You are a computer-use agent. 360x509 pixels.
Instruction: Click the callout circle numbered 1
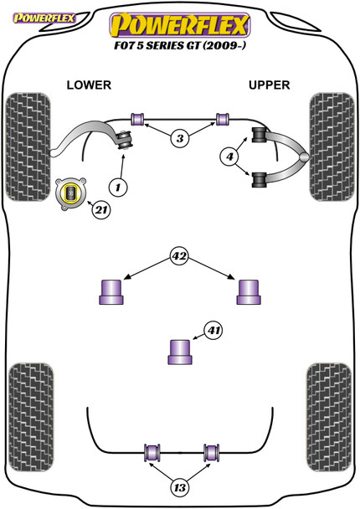(x=118, y=188)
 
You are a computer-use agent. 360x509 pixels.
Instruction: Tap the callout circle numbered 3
(x=180, y=139)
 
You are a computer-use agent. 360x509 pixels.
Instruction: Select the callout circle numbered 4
(x=229, y=157)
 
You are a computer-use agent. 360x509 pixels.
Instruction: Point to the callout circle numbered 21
(x=101, y=210)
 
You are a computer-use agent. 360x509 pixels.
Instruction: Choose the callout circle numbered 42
(x=179, y=256)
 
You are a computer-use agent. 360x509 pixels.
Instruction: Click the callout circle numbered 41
(x=213, y=331)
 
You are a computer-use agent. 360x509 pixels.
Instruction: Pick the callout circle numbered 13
(x=179, y=487)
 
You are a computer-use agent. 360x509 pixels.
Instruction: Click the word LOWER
(x=89, y=85)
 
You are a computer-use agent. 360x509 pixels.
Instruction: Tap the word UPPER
(x=269, y=85)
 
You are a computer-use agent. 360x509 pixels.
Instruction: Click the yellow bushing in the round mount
(x=70, y=193)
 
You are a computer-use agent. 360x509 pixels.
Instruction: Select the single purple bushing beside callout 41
(x=180, y=352)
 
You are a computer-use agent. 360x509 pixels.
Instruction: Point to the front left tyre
(x=28, y=147)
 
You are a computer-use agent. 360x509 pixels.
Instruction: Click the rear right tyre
(x=329, y=418)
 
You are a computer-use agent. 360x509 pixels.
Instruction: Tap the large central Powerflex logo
(x=180, y=24)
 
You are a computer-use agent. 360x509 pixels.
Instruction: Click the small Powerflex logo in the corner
(x=44, y=18)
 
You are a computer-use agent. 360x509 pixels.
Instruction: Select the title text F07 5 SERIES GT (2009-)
(x=180, y=45)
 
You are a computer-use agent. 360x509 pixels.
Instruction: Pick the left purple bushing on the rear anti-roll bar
(x=152, y=453)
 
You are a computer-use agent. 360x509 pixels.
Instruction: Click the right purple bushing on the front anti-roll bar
(x=223, y=119)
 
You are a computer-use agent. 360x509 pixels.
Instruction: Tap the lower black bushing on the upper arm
(x=259, y=180)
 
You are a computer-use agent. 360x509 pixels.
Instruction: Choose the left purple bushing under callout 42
(x=111, y=292)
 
